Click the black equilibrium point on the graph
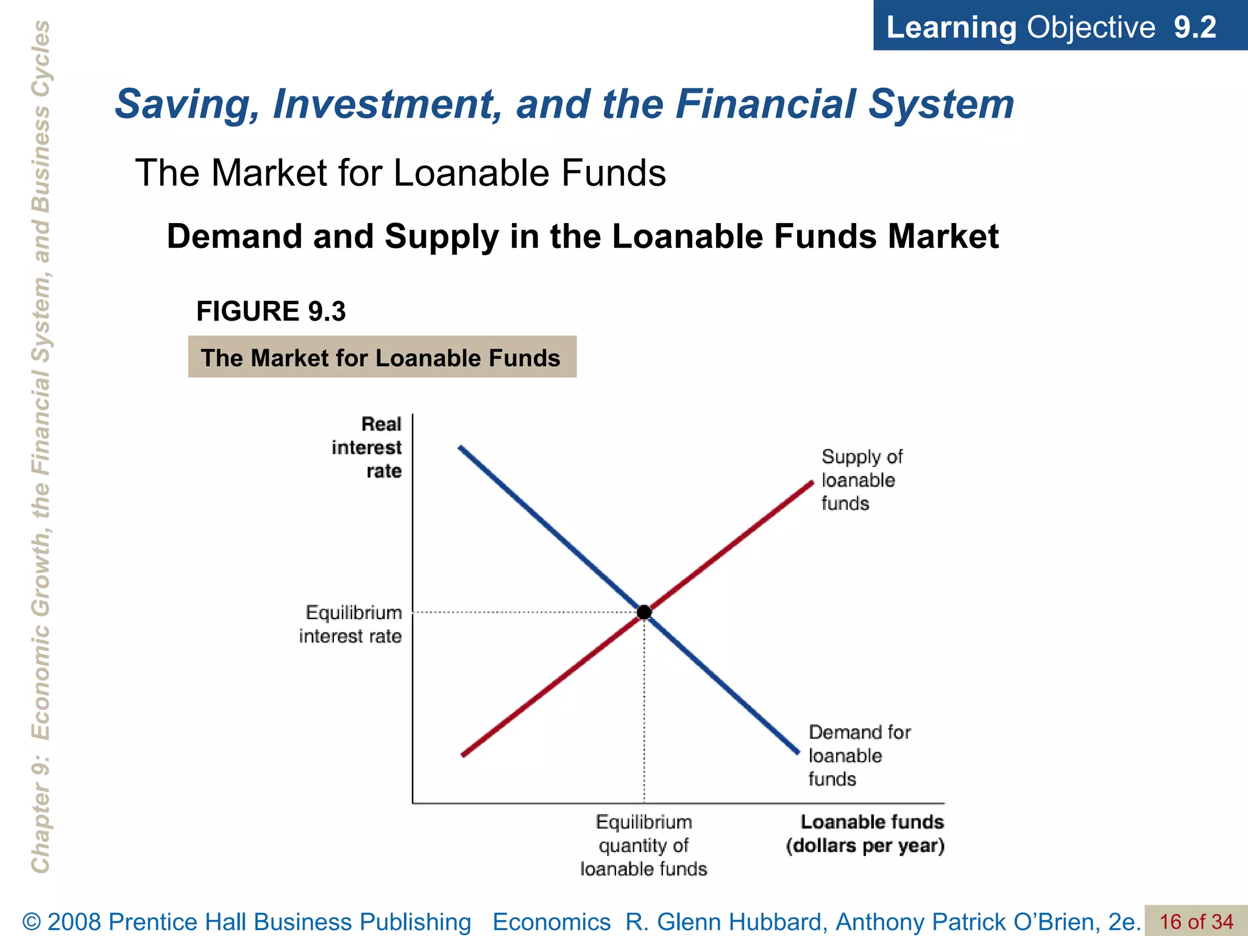coord(644,612)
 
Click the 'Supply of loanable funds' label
coord(860,480)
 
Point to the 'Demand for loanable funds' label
coord(859,756)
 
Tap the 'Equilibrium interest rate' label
coord(352,624)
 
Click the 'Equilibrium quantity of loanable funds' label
coord(643,845)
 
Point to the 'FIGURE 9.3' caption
coord(271,311)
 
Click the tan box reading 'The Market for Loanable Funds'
coord(382,357)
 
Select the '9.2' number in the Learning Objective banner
coord(1195,27)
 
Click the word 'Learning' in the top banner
coord(951,27)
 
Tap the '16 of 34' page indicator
coord(1196,921)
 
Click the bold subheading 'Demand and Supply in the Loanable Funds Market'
coord(583,236)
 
